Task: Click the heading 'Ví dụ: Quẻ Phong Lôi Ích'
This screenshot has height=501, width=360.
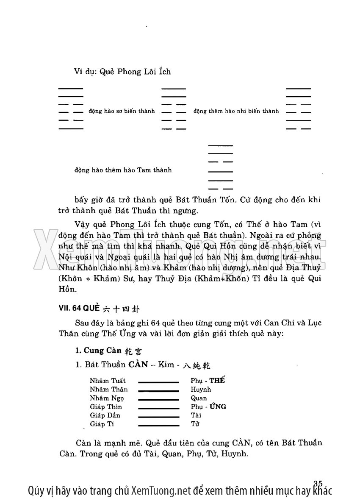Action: pos(122,72)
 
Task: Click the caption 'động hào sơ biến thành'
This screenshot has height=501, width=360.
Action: pos(122,111)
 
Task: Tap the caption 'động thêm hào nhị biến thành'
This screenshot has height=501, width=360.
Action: pos(236,111)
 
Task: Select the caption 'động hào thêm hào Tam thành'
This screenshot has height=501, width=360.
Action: pos(123,170)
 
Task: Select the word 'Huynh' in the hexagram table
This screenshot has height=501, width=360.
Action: pos(201,390)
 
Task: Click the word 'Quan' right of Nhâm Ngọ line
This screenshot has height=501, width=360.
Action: pos(199,398)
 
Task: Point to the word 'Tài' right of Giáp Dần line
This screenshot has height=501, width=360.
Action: pos(196,415)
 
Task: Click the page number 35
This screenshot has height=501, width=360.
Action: pos(318,483)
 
